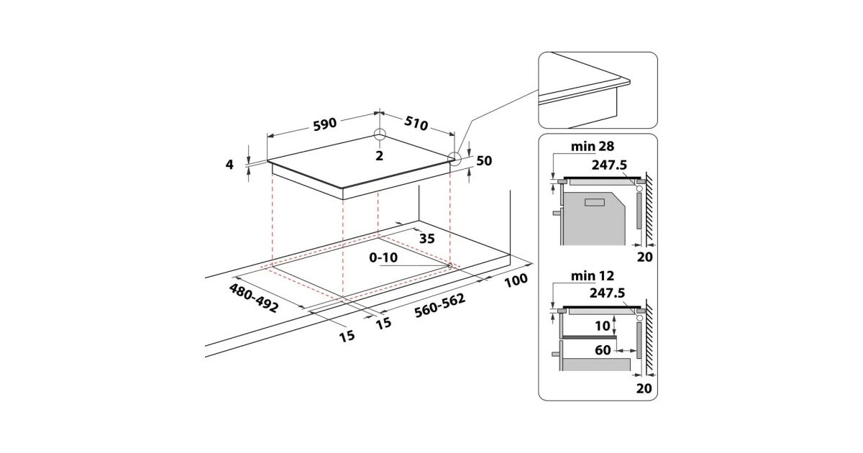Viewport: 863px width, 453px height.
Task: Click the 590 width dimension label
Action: [324, 124]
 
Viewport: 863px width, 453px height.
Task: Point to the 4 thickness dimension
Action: [229, 165]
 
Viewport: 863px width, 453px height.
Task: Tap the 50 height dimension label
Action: [484, 161]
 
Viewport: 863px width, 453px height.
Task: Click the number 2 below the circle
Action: [379, 155]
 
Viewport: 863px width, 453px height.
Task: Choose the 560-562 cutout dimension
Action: [439, 309]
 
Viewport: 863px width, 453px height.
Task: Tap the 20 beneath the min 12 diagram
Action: [644, 388]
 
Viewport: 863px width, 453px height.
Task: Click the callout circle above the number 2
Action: [380, 135]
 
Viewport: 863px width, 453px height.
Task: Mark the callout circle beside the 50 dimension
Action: [455, 159]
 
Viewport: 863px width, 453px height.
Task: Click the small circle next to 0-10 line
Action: [449, 265]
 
